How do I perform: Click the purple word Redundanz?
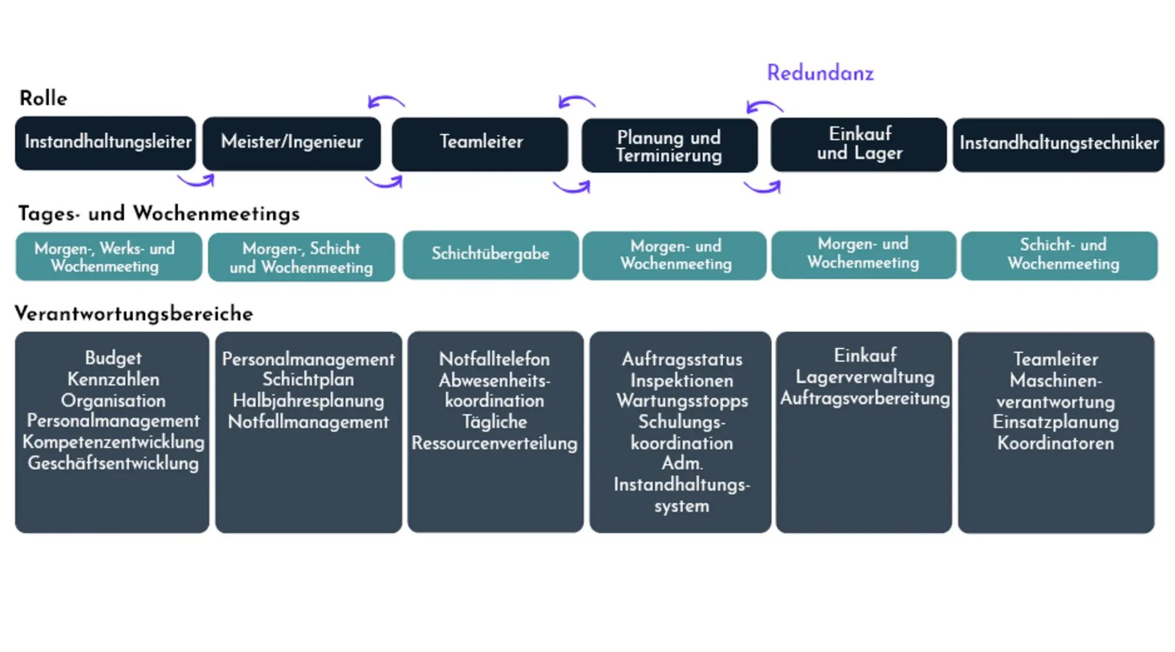click(x=820, y=73)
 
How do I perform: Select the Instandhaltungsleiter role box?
click(x=106, y=143)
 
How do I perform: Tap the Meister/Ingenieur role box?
click(x=292, y=143)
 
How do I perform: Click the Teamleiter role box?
click(x=481, y=143)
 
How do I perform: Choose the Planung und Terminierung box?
click(x=669, y=146)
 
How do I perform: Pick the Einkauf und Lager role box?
click(x=859, y=144)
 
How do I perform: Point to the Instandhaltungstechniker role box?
click(x=1059, y=144)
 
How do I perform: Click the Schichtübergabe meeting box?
click(x=491, y=254)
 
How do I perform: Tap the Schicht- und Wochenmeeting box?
click(x=1060, y=255)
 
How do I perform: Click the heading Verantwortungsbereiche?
click(x=134, y=314)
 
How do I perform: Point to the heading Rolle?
click(x=43, y=98)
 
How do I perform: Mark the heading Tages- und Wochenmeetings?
click(x=159, y=213)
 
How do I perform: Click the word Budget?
click(x=113, y=358)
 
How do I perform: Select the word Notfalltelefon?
click(x=494, y=359)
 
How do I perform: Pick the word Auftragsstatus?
click(x=681, y=359)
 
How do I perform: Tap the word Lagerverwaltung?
click(x=864, y=377)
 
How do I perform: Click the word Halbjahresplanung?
click(x=308, y=401)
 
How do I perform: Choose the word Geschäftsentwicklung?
click(x=113, y=463)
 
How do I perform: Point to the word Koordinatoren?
click(x=1055, y=443)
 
